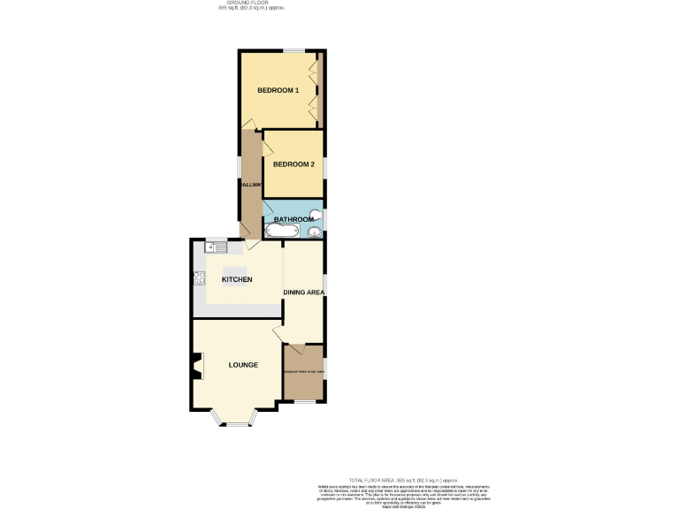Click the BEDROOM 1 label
pyautogui.click(x=278, y=91)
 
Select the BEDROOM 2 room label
pyautogui.click(x=294, y=164)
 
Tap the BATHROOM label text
pyautogui.click(x=293, y=219)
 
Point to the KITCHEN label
pyautogui.click(x=236, y=280)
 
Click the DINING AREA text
pyautogui.click(x=303, y=292)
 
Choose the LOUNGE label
pyautogui.click(x=243, y=365)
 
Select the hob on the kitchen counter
pyautogui.click(x=199, y=279)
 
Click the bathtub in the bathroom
pyautogui.click(x=282, y=232)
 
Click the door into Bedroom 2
pyautogui.click(x=266, y=143)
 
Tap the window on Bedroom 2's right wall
pyautogui.click(x=324, y=165)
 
